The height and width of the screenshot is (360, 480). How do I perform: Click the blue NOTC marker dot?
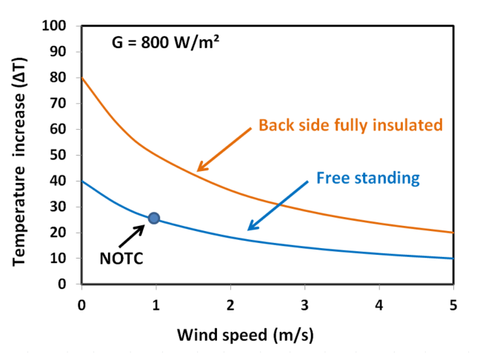pyautogui.click(x=153, y=218)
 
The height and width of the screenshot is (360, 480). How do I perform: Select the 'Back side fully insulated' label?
pyautogui.click(x=350, y=124)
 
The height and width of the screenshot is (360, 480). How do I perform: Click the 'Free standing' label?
pyautogui.click(x=367, y=178)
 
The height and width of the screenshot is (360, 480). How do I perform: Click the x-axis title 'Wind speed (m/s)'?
pyautogui.click(x=245, y=334)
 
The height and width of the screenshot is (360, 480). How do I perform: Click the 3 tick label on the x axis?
pyautogui.click(x=304, y=304)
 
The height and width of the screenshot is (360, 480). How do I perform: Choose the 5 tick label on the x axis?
pyautogui.click(x=453, y=304)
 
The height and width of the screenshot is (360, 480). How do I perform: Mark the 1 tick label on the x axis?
pyautogui.click(x=156, y=304)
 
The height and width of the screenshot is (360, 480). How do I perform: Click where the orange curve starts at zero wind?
pyautogui.click(x=82, y=78)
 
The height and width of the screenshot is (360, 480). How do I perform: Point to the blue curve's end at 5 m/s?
pyautogui.click(x=452, y=259)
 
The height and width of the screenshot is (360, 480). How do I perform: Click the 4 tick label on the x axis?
pyautogui.click(x=379, y=304)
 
